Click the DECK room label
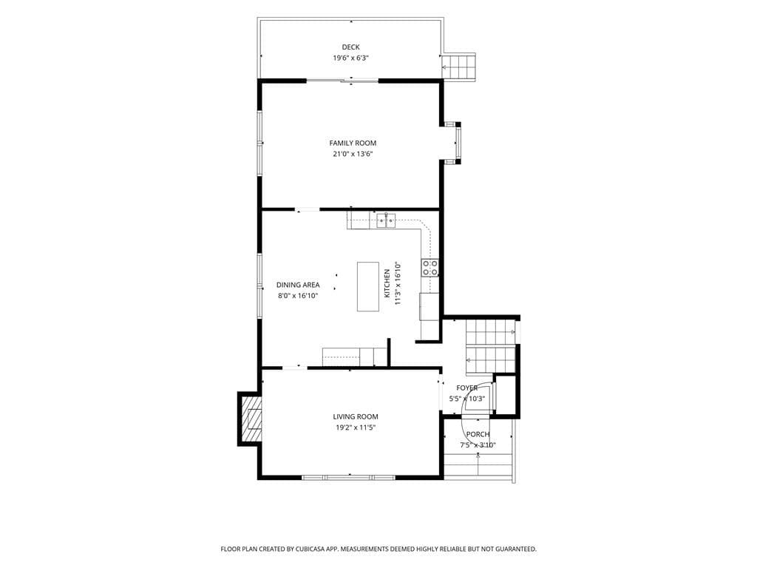point(351,47)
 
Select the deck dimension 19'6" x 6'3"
point(351,58)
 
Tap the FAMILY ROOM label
point(353,143)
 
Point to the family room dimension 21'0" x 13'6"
point(353,154)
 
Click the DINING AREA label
point(298,285)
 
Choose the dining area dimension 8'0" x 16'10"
point(298,296)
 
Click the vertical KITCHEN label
point(387,283)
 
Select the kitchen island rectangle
point(368,286)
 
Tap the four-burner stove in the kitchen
point(430,268)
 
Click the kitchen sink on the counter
point(386,220)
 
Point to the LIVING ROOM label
point(356,417)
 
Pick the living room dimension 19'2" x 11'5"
point(356,427)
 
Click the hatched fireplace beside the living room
point(250,419)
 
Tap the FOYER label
point(467,388)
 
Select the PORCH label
point(478,434)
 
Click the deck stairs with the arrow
point(459,66)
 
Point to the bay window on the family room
point(454,143)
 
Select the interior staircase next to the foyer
point(491,347)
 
